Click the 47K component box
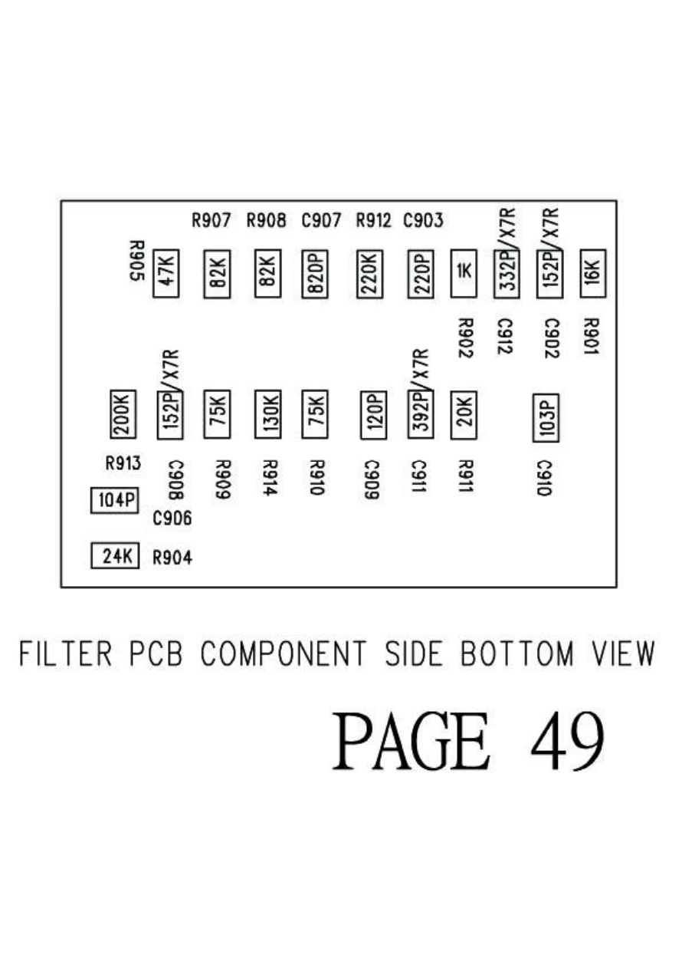click(166, 273)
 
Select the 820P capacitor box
click(315, 273)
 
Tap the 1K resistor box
click(464, 273)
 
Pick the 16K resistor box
click(593, 270)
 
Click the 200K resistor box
click(123, 414)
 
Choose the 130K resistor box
click(267, 414)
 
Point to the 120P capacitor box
click(372, 414)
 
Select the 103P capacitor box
click(546, 417)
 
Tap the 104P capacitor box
click(114, 501)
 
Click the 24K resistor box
click(115, 556)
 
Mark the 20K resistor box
click(464, 414)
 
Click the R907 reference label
click(211, 222)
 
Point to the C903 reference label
click(423, 222)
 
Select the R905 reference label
click(136, 260)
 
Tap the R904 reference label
click(172, 558)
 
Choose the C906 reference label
click(172, 519)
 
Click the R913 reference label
click(123, 463)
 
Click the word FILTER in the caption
click(66, 654)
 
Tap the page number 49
click(567, 742)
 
